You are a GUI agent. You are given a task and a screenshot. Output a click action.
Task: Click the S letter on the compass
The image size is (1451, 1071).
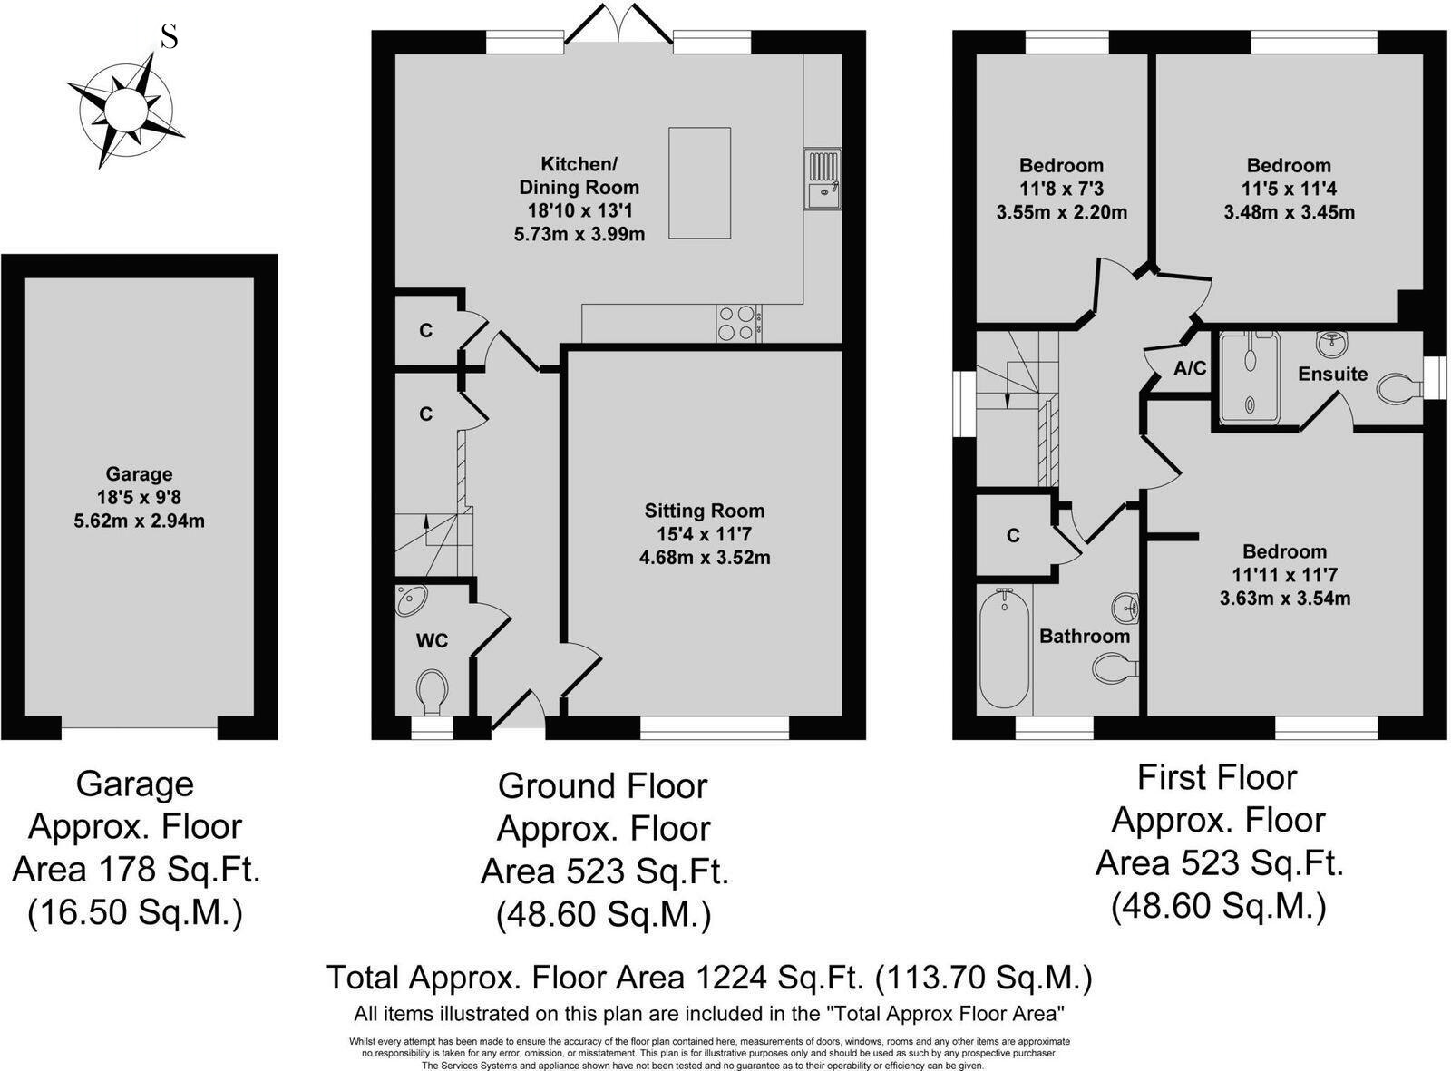coord(170,37)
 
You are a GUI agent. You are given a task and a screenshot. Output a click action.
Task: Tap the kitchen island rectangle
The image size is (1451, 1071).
coord(699,182)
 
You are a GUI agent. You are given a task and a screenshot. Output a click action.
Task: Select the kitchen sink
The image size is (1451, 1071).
coord(823,179)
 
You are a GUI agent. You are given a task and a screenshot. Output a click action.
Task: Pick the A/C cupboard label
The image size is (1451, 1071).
coord(1190,368)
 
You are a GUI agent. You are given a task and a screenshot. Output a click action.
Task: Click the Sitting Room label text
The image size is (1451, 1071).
coord(705,511)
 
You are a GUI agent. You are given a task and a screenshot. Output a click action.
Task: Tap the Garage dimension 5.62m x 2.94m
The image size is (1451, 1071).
coord(139,521)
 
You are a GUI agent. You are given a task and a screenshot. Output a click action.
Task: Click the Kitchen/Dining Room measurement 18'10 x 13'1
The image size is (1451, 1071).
coord(579,210)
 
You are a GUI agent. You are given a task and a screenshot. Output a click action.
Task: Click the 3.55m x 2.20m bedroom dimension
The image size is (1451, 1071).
coord(1062,212)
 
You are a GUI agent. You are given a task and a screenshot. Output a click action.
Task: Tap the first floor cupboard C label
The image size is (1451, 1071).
coord(1013,536)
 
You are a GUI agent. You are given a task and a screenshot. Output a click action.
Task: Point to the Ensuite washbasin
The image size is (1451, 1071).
coord(1331,344)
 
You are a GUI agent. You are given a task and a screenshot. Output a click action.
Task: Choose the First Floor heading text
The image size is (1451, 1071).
coord(1217,777)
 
